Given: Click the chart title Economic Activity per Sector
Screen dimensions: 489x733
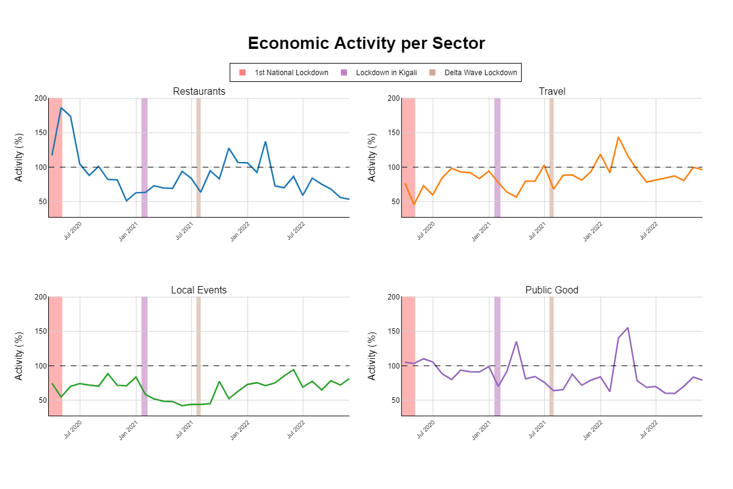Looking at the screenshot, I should [x=366, y=43].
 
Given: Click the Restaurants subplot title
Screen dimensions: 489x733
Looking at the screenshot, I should [x=199, y=92].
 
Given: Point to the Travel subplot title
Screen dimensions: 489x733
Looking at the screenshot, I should [x=552, y=92].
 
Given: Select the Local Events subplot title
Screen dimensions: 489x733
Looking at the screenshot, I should [x=199, y=290].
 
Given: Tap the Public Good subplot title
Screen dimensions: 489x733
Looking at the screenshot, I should [x=552, y=290].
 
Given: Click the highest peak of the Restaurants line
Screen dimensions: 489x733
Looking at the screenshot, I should [x=61, y=108].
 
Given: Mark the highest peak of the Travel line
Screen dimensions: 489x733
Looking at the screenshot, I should [x=618, y=138].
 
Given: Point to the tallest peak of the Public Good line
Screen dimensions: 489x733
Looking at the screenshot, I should [x=627, y=328].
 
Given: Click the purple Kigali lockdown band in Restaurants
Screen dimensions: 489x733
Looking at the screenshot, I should [x=144, y=157].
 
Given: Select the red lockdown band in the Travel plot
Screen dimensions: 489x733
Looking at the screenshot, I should [x=408, y=157].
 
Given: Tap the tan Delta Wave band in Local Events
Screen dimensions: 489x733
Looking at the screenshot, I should [x=199, y=356].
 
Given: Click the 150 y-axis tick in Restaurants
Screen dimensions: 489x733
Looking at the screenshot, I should [x=40, y=133].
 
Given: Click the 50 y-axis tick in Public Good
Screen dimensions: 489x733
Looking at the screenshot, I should [x=395, y=400].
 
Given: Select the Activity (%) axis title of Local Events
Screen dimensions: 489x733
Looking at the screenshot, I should [x=19, y=356].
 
